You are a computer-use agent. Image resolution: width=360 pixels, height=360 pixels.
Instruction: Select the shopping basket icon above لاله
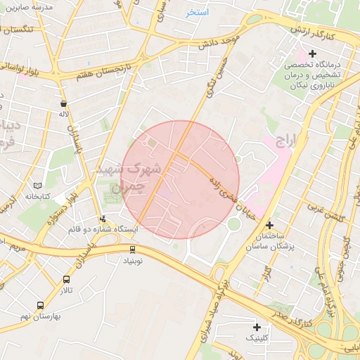coord(63,103)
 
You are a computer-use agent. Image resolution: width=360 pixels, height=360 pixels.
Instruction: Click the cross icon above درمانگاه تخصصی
coord(312,53)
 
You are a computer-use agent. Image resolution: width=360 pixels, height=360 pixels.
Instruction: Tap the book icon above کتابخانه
coord(38,186)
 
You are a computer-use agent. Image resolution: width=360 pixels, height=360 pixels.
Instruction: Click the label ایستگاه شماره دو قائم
coord(103,230)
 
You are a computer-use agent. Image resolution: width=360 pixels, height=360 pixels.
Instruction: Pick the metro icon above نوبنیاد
coord(132,249)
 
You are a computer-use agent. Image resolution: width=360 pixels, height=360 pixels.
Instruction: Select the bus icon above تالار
coord(66,279)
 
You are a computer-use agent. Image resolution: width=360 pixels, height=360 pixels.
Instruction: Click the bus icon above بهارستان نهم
coord(40,306)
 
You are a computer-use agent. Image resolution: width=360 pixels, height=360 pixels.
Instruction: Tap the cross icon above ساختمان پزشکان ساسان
coord(269,225)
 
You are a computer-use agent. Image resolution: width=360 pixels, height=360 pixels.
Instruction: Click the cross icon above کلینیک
coord(257,327)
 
